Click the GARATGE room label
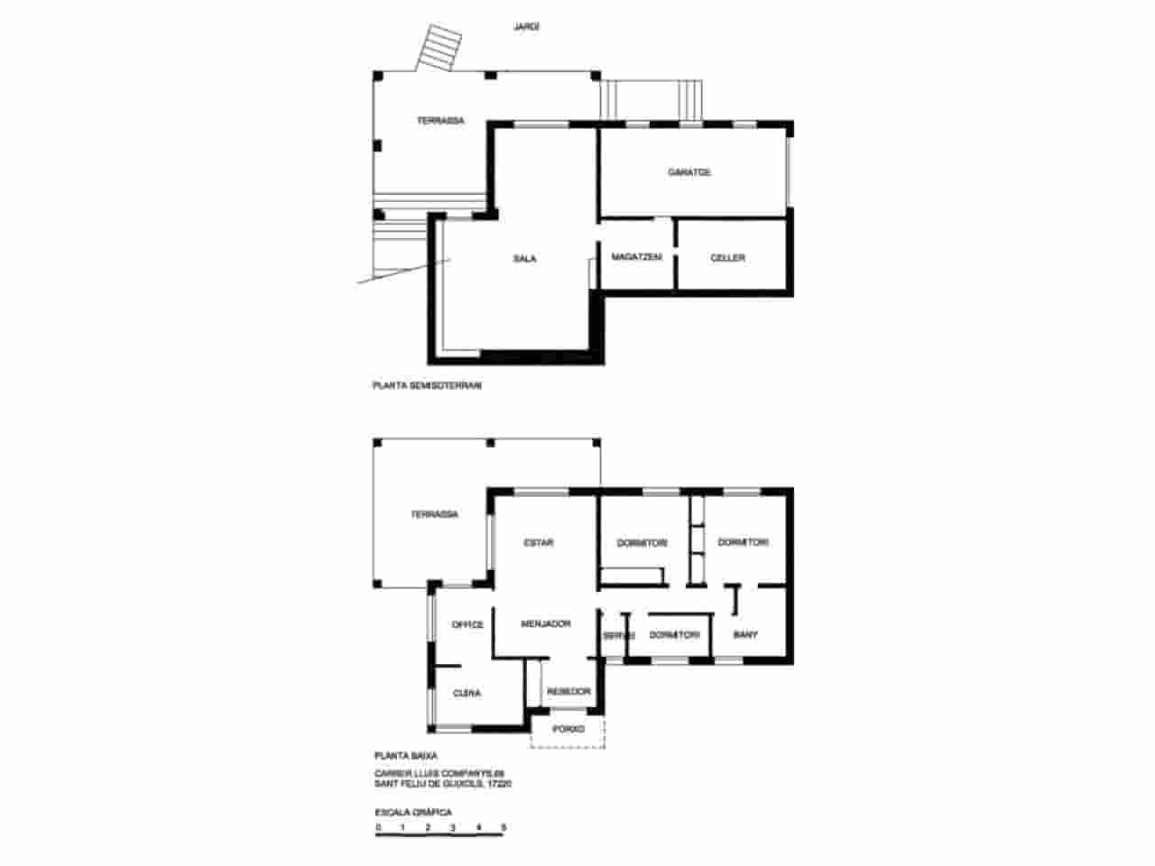(689, 172)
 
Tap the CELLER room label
(727, 258)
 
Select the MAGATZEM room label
(636, 258)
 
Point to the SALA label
(524, 259)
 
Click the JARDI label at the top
(526, 27)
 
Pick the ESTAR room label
(539, 543)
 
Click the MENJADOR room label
(546, 623)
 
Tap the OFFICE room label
(467, 624)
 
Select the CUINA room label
(467, 694)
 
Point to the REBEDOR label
(568, 692)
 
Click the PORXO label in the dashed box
(568, 729)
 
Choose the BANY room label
(745, 635)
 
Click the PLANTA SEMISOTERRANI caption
(428, 385)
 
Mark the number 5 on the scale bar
(504, 827)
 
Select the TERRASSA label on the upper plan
(440, 121)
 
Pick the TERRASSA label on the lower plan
(434, 514)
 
